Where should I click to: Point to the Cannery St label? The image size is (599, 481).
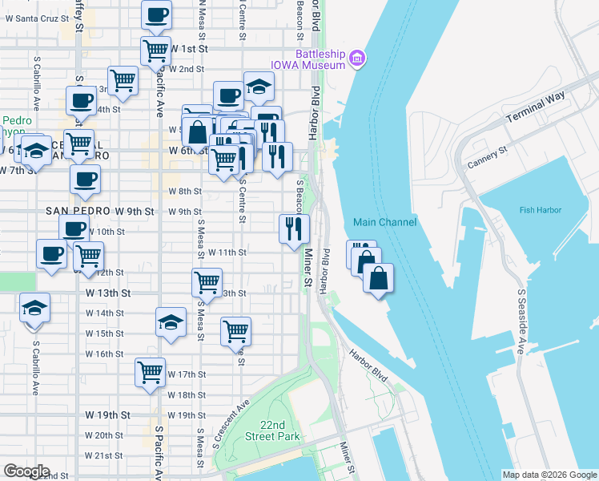[x=487, y=157]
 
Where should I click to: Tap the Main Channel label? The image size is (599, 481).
[x=385, y=222]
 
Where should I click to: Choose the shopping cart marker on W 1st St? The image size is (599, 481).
[x=155, y=50]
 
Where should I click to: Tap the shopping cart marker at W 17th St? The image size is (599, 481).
[x=150, y=372]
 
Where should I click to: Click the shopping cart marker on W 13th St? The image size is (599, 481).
[x=207, y=282]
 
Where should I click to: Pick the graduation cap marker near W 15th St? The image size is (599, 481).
[x=170, y=322]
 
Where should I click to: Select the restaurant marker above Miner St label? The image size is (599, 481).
[x=294, y=228]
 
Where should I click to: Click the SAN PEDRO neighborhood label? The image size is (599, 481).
[x=77, y=211]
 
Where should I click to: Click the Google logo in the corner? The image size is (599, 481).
[x=26, y=471]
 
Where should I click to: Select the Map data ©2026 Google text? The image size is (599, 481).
[x=549, y=475]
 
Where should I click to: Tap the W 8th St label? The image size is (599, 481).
[x=185, y=191]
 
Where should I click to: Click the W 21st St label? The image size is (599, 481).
[x=103, y=455]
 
